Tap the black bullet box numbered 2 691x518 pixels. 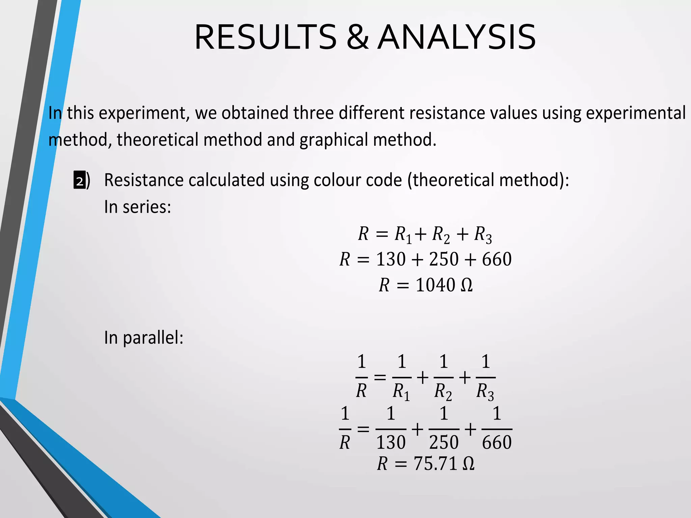(79, 180)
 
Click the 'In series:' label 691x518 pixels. (137, 207)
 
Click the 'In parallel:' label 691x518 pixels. (143, 338)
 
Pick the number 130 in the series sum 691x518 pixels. (391, 259)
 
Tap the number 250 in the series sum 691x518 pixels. (444, 259)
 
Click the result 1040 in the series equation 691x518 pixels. (435, 285)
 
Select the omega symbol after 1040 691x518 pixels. (467, 285)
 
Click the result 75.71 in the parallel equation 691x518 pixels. (435, 464)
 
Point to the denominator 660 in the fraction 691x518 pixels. (497, 442)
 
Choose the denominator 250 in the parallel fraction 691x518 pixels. (444, 442)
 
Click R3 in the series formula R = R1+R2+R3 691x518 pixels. (483, 234)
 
